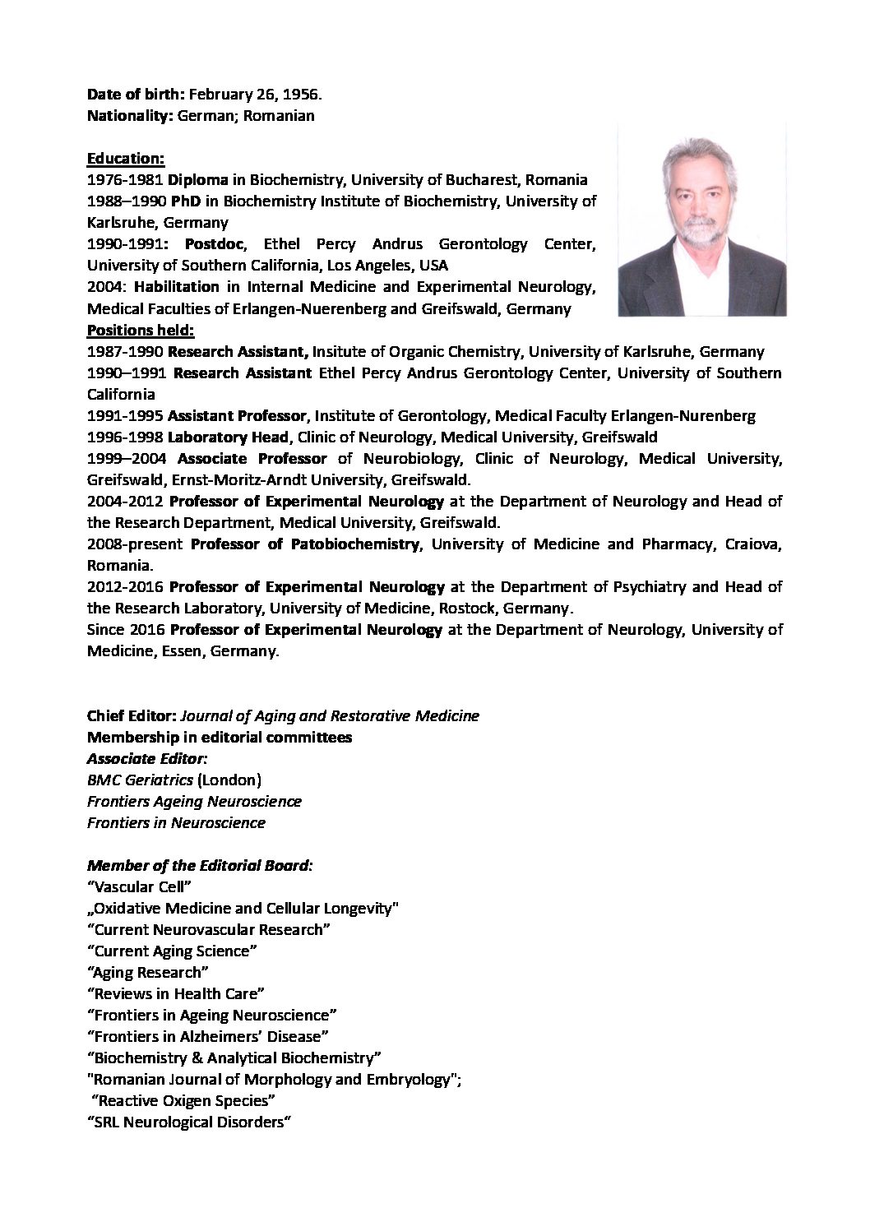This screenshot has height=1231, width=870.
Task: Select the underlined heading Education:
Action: (x=126, y=158)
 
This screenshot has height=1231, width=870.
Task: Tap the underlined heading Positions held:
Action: (x=141, y=330)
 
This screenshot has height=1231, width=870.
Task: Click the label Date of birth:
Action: (x=136, y=95)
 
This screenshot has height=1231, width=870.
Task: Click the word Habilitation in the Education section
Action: (x=176, y=287)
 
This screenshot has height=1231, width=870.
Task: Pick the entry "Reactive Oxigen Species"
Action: (x=184, y=1100)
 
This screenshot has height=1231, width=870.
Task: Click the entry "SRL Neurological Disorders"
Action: (x=190, y=1122)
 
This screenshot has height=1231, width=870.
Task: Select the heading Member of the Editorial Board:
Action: (x=200, y=865)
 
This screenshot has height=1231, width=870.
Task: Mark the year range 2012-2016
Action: (x=125, y=586)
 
